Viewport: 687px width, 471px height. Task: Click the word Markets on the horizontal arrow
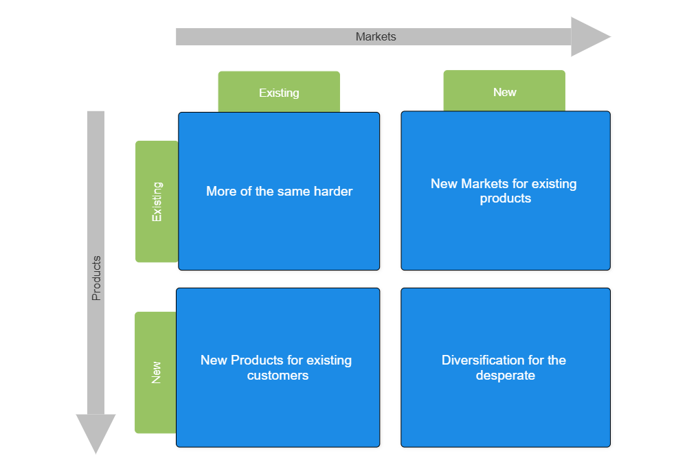(376, 36)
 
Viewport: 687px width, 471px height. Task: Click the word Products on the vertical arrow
(96, 278)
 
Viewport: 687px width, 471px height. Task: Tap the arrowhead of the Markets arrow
(590, 36)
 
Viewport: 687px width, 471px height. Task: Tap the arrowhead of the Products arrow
(95, 433)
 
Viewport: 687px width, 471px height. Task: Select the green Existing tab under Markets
(279, 92)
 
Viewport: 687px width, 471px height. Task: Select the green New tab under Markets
(504, 91)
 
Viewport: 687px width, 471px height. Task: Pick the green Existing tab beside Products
(157, 201)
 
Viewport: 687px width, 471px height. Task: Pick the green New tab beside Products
(156, 372)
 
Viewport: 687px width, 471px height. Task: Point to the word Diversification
(484, 360)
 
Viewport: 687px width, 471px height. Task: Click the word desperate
(506, 376)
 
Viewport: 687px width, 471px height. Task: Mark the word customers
(278, 376)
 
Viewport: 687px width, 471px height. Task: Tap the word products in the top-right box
(506, 198)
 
